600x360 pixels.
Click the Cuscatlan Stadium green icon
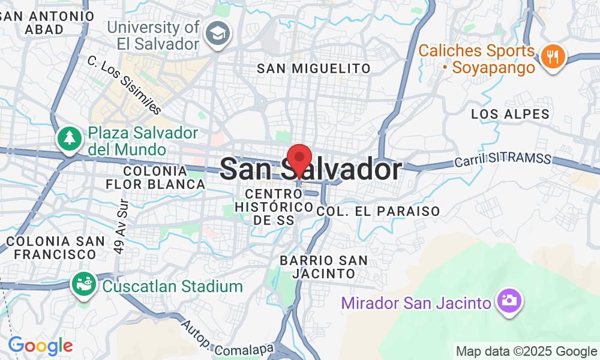coord(85,284)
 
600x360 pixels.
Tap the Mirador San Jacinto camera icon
coord(508,300)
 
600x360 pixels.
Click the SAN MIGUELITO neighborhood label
coord(314,68)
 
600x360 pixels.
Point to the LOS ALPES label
coord(510,114)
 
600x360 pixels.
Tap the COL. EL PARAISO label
coord(378,211)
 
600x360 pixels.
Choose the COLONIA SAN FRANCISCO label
coord(51,247)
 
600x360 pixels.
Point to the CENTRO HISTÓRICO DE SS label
coord(274,207)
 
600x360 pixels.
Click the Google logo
coord(40,346)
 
